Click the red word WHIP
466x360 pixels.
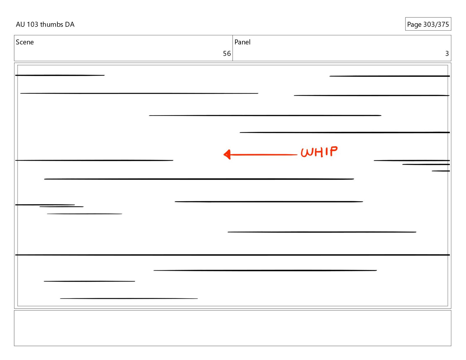(319, 152)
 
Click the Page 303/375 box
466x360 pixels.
(428, 24)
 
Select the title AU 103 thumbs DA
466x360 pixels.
(45, 24)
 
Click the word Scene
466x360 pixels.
(25, 42)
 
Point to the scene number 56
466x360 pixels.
(227, 54)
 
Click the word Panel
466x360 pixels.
(242, 42)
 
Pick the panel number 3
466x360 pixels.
(447, 54)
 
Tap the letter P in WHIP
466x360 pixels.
(334, 151)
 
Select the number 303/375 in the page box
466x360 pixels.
(436, 24)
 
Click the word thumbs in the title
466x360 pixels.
(51, 24)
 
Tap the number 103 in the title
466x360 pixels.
(32, 24)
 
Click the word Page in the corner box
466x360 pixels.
(414, 24)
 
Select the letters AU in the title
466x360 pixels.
(20, 24)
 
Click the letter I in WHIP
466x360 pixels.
(327, 152)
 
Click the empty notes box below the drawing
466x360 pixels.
(232, 328)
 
